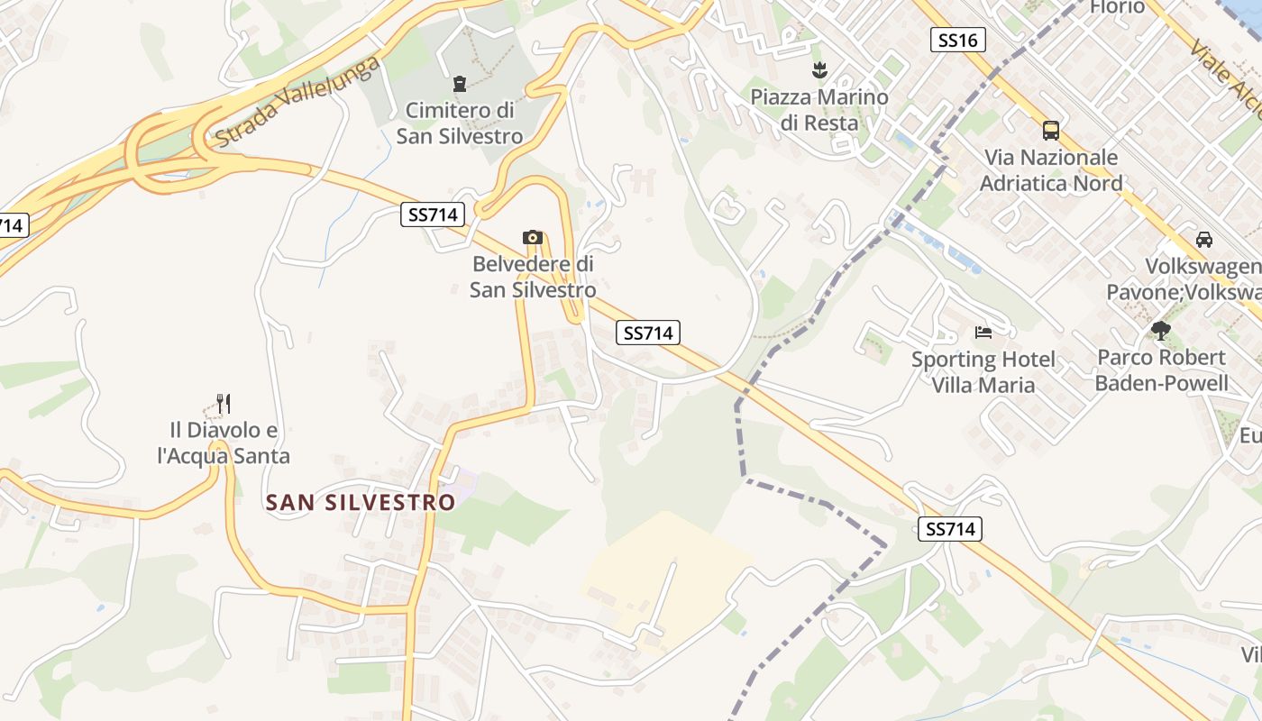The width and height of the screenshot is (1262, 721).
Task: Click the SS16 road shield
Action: pyautogui.click(x=957, y=40)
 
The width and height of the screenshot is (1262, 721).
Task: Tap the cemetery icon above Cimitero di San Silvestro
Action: pyautogui.click(x=460, y=84)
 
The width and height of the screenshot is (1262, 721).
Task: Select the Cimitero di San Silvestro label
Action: pyautogui.click(x=460, y=123)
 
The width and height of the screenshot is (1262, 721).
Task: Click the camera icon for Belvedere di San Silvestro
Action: pyautogui.click(x=533, y=238)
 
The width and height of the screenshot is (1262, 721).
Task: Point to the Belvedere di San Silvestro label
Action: pyautogui.click(x=533, y=278)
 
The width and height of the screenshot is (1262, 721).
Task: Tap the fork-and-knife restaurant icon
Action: pyautogui.click(x=224, y=403)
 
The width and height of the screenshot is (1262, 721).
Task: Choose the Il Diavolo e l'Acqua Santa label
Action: pyautogui.click(x=224, y=443)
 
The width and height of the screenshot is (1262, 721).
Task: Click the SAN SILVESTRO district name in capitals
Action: pyautogui.click(x=361, y=502)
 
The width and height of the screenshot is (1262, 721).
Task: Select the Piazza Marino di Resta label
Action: pyautogui.click(x=819, y=109)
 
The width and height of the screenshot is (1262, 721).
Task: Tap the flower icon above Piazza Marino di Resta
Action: pyautogui.click(x=819, y=69)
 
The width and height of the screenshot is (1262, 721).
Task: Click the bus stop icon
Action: pyautogui.click(x=1051, y=131)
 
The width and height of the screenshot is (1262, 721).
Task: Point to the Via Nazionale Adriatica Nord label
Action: pyautogui.click(x=1051, y=170)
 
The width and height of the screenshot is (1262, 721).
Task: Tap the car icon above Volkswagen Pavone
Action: pyautogui.click(x=1204, y=240)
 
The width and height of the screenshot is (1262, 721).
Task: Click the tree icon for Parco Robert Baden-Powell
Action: pyautogui.click(x=1161, y=331)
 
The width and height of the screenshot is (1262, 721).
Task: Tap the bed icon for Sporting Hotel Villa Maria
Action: pyautogui.click(x=983, y=333)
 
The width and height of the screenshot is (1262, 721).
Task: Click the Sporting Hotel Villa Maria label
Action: pyautogui.click(x=983, y=372)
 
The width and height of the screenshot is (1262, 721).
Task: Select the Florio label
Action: pyautogui.click(x=1117, y=7)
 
